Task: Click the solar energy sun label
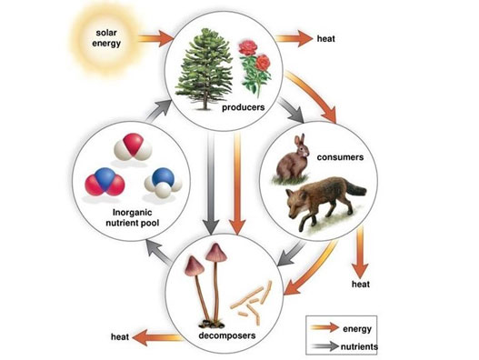point(106,38)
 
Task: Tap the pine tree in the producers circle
point(205,69)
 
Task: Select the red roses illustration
point(255,67)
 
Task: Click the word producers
point(244,107)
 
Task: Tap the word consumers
point(340,157)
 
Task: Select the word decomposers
point(227,335)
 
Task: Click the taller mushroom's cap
point(216,253)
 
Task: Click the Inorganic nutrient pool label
point(133,217)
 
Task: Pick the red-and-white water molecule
point(133,147)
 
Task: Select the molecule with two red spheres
point(105,182)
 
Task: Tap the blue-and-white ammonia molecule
point(163,183)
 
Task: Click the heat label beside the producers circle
point(326,39)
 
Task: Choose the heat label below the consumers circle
point(361,285)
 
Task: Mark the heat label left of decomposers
point(120,337)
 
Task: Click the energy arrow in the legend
point(324,327)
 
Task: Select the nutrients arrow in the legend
point(325,346)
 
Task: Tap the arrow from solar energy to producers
point(156,38)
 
